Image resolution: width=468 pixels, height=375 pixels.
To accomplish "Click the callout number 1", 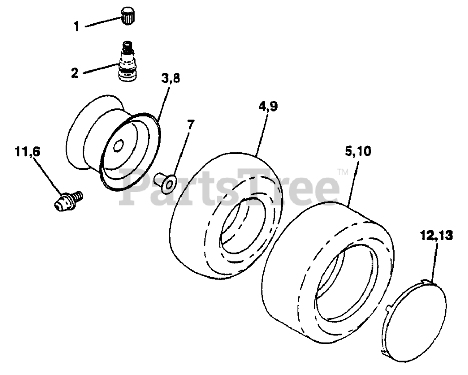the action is coord(77,27).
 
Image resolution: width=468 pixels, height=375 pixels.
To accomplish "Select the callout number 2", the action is coord(75,72).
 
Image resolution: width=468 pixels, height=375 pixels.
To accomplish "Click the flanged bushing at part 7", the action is coord(165,183).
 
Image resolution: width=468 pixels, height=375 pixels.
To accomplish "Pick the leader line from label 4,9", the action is coord(262,135).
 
